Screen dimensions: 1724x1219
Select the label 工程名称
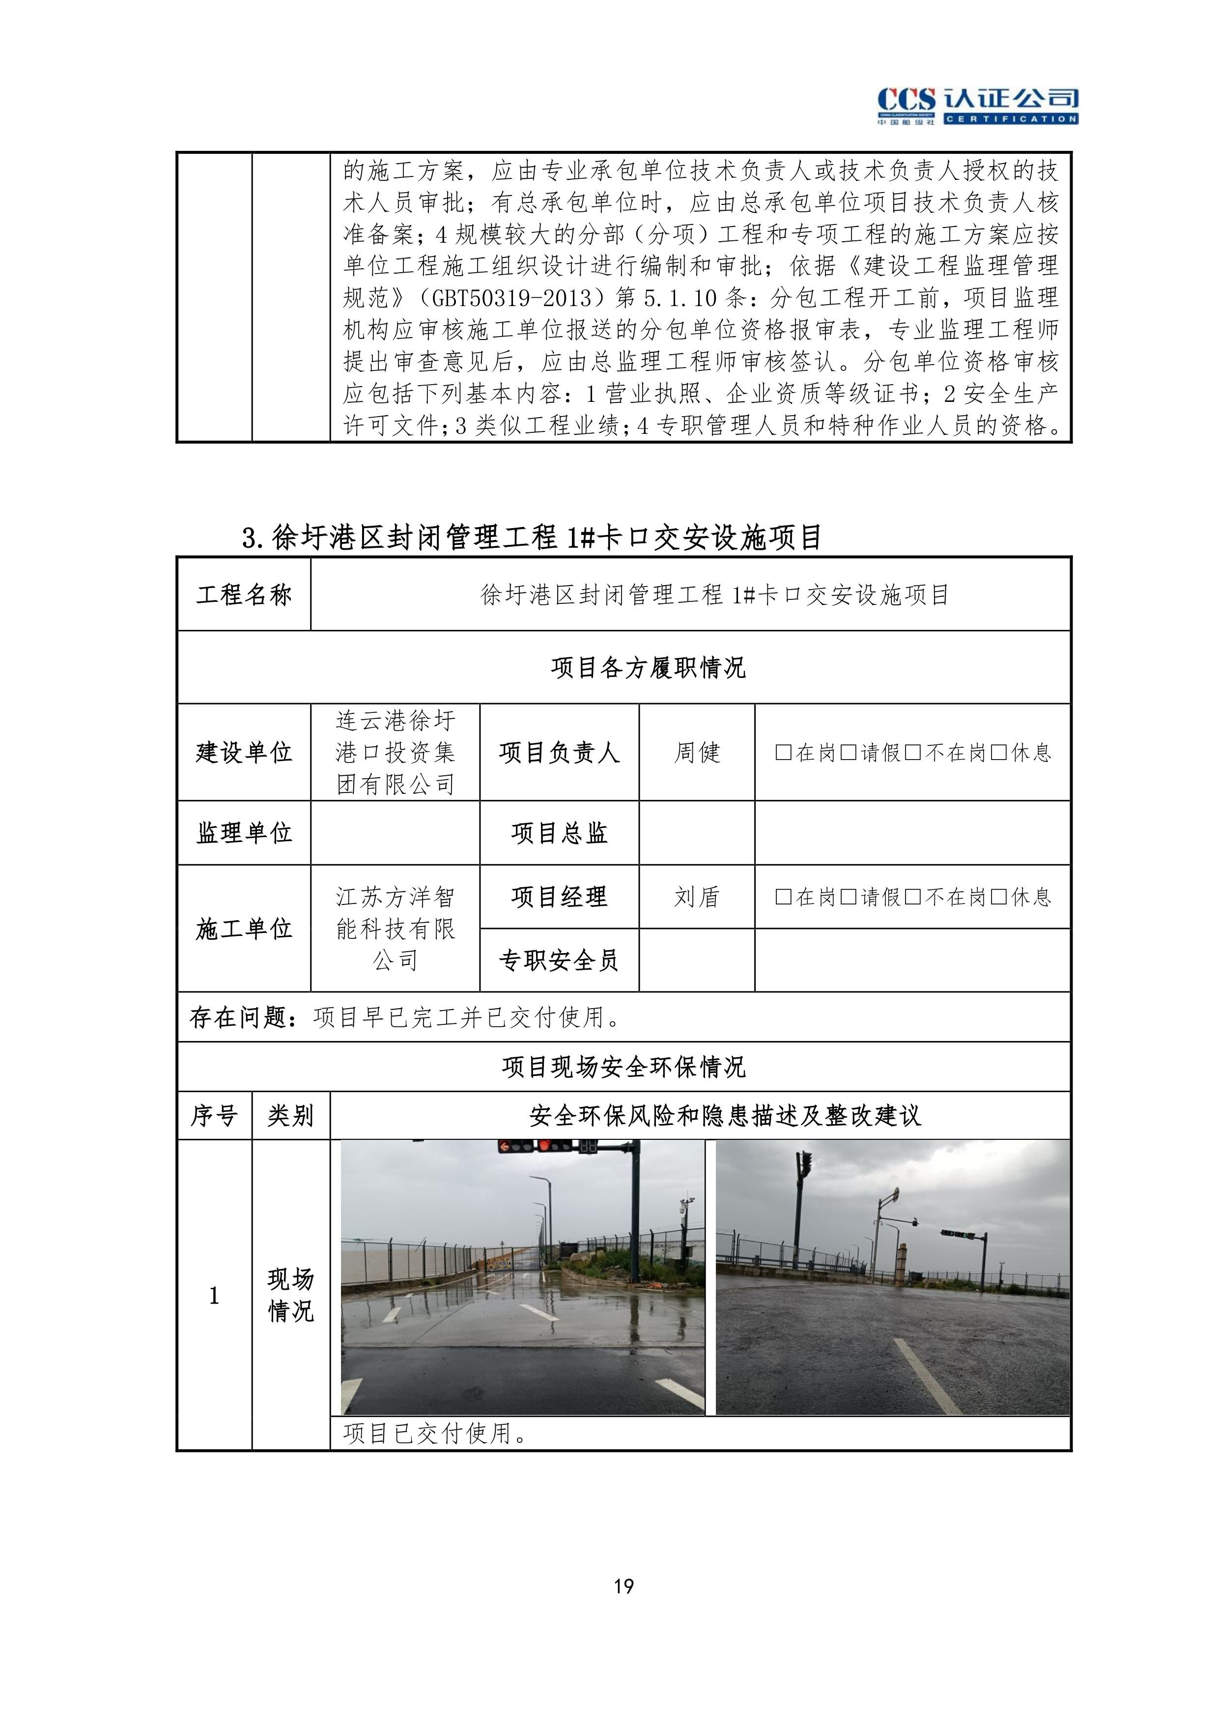point(244,594)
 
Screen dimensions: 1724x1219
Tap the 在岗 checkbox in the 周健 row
point(783,752)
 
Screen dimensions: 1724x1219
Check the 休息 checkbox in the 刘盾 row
point(999,897)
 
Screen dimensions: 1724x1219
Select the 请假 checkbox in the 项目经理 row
point(849,897)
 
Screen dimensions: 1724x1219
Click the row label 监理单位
point(244,833)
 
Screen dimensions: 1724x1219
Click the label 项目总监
point(559,833)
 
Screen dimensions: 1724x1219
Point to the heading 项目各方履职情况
point(648,667)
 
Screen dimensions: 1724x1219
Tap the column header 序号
point(214,1116)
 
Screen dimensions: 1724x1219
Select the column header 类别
point(291,1116)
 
